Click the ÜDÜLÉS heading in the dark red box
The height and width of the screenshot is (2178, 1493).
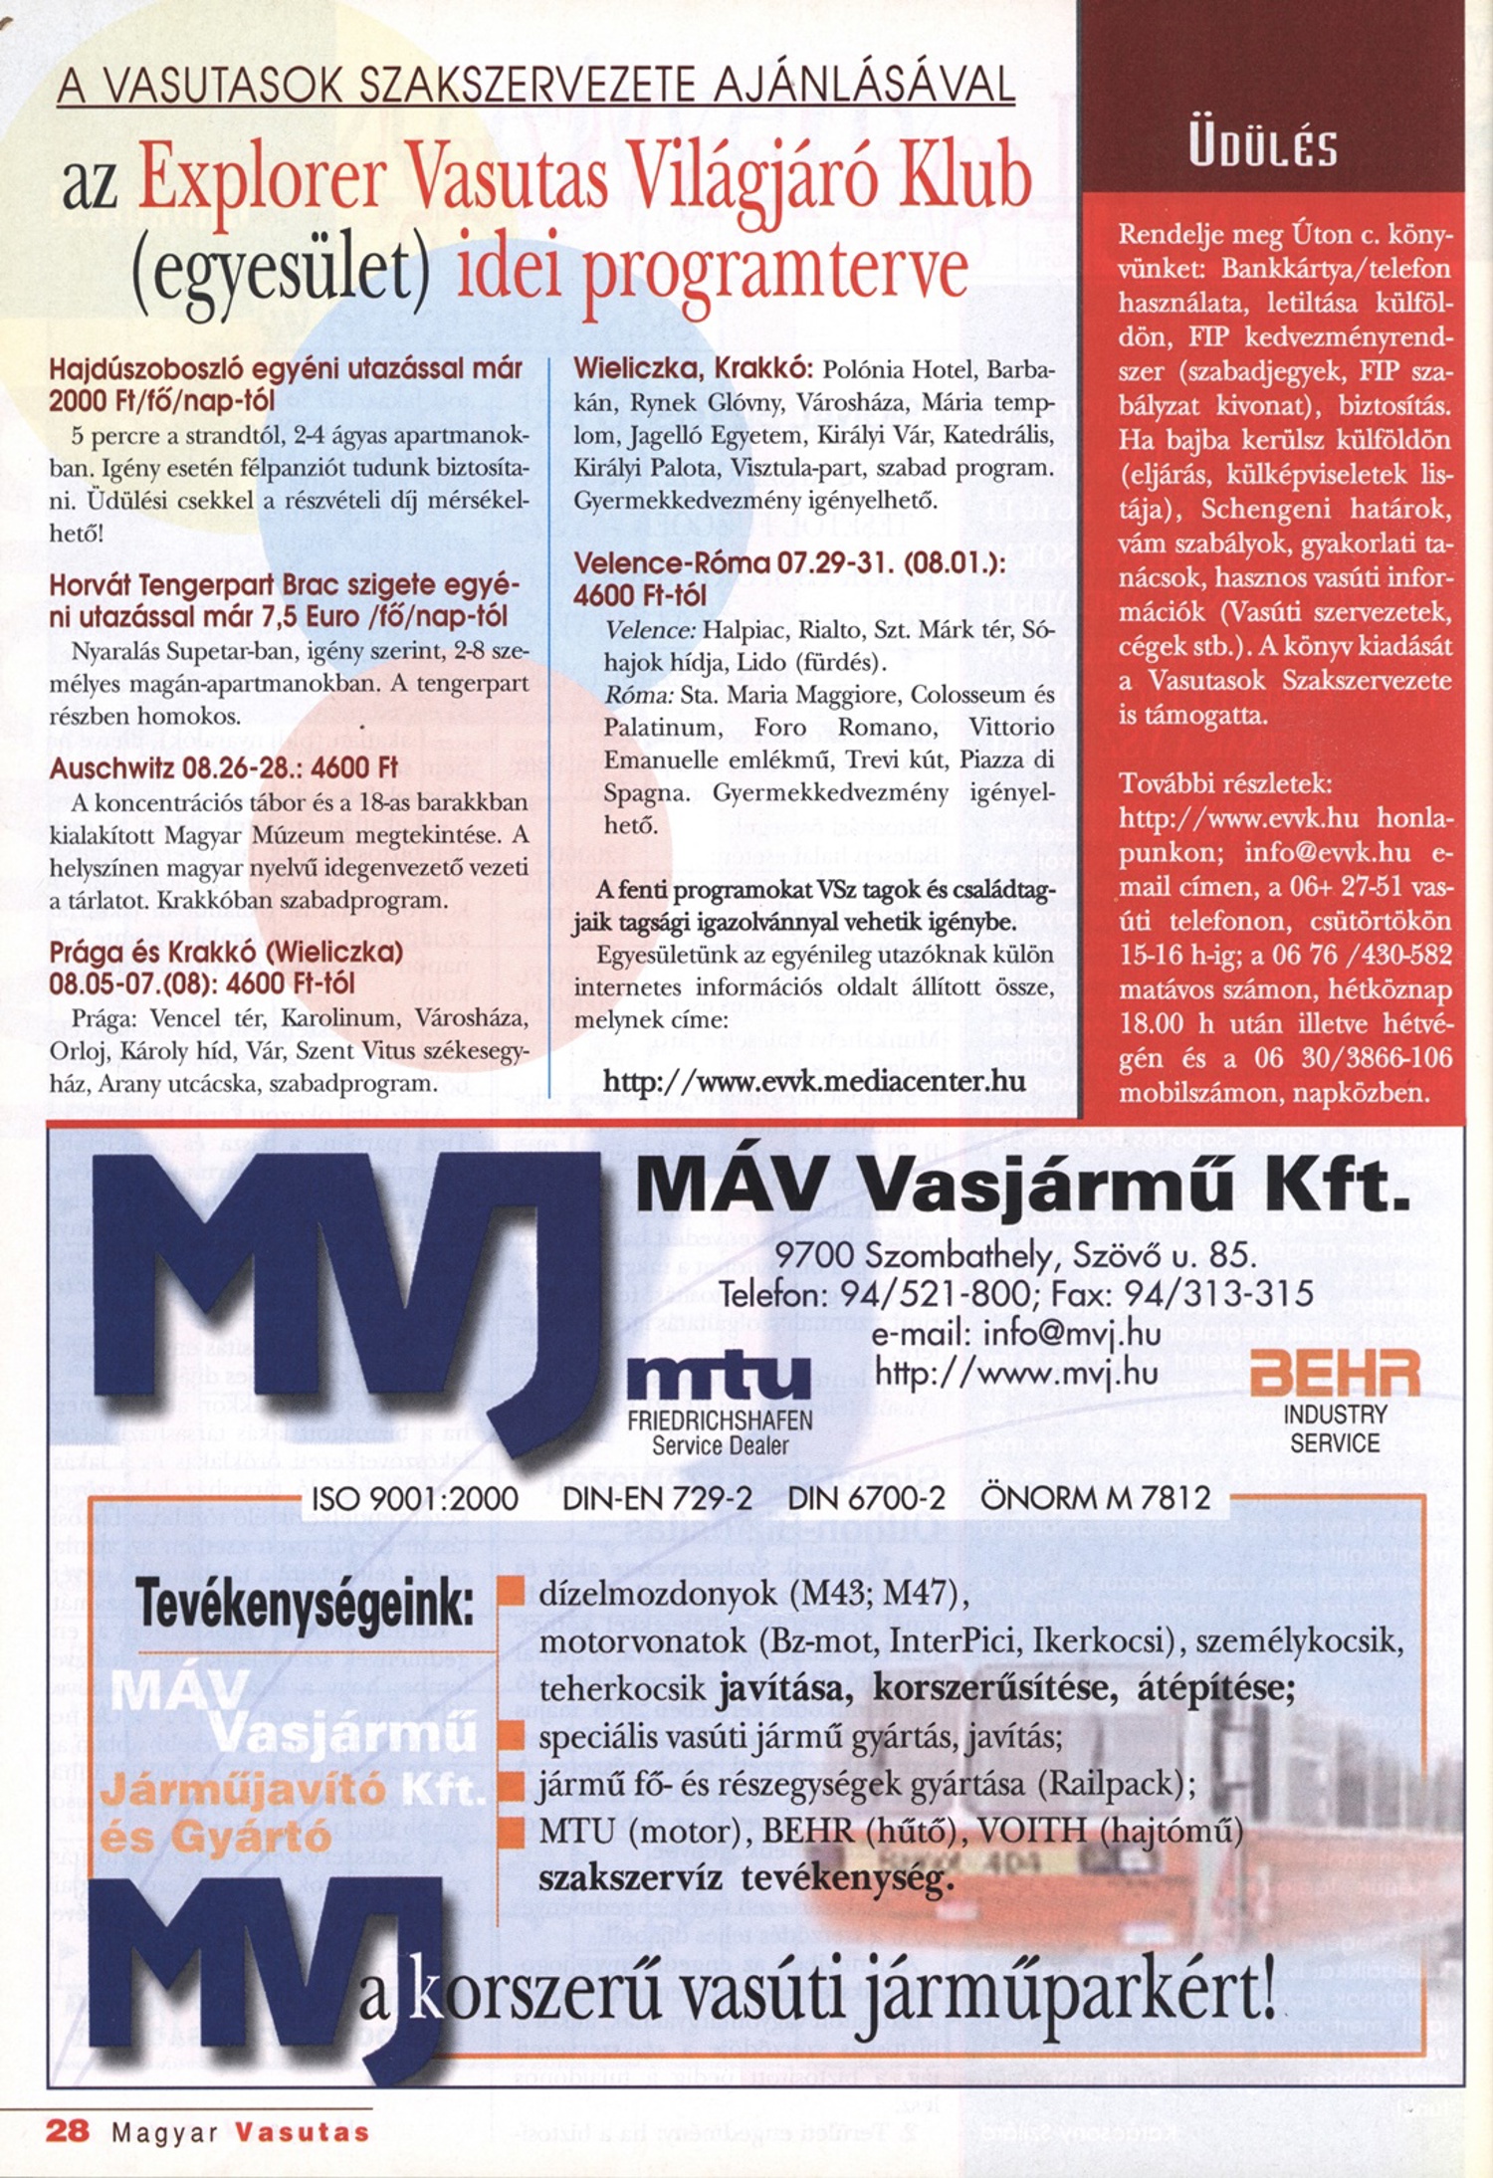pos(1263,148)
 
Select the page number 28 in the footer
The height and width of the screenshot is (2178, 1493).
pos(68,2131)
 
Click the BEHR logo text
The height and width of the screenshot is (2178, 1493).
pos(1335,1375)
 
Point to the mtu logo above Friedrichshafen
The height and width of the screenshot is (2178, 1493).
pos(720,1378)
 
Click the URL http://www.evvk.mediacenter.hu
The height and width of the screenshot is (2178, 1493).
pos(814,1081)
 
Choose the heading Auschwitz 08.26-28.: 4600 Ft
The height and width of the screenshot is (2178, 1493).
pos(224,768)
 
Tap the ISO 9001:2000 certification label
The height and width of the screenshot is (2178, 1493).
pos(415,1498)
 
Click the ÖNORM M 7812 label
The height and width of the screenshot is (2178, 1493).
pos(1096,1498)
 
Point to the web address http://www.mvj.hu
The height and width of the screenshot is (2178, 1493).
pos(1016,1374)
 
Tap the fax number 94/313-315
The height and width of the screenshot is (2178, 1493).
pos(1218,1293)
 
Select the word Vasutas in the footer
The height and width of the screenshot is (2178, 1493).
pos(303,2132)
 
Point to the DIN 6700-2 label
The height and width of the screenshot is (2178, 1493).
pos(866,1498)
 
